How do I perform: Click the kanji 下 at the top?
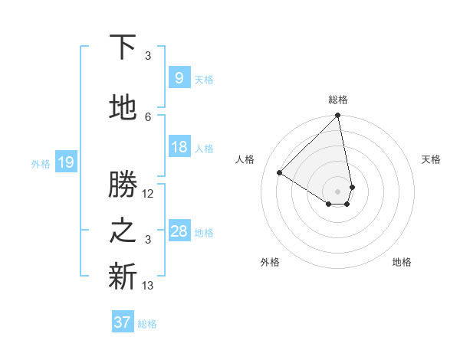(x=123, y=47)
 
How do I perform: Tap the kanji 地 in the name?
(x=123, y=108)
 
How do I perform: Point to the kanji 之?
(x=123, y=231)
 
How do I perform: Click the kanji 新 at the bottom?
(x=123, y=277)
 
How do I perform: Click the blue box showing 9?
(x=178, y=78)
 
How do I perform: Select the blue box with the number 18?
(x=179, y=147)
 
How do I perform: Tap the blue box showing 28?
(x=179, y=231)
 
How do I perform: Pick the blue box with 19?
(x=65, y=162)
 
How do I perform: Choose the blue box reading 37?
(x=123, y=322)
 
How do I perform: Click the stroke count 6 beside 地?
(x=148, y=116)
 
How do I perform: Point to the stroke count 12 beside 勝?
(x=148, y=194)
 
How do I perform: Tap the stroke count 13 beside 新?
(x=148, y=286)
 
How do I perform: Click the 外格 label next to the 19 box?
(x=41, y=163)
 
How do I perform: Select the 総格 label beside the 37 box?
(x=147, y=324)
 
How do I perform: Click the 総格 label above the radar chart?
(x=337, y=100)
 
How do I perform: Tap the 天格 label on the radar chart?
(x=431, y=159)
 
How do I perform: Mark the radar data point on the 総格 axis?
(x=337, y=116)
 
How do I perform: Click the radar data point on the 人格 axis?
(x=280, y=173)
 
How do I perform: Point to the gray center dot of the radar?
(x=337, y=191)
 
